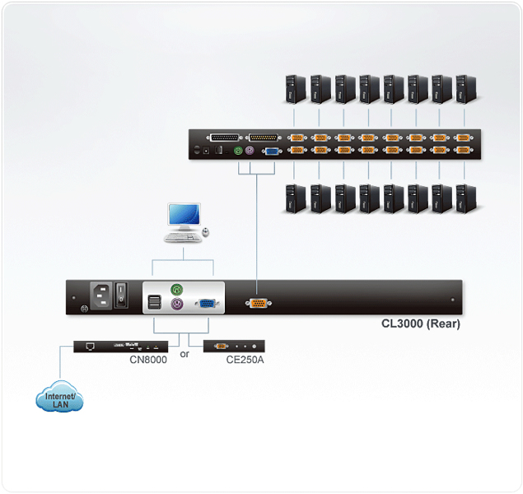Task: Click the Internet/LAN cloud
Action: (59, 397)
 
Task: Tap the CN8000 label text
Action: (148, 360)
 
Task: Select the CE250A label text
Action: (245, 360)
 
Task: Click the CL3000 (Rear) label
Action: (421, 324)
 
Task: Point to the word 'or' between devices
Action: (184, 354)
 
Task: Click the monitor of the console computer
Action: (184, 216)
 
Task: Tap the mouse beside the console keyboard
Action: (206, 232)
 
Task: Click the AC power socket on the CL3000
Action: (101, 296)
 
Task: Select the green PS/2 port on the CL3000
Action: (177, 289)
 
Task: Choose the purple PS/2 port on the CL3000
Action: (177, 304)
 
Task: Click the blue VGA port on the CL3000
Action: (207, 304)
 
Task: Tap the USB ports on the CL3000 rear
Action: (155, 302)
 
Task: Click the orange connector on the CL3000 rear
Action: (258, 303)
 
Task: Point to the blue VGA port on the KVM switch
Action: (272, 151)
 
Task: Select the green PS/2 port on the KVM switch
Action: (238, 151)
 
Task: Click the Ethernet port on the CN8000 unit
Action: (90, 347)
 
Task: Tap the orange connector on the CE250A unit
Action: (221, 347)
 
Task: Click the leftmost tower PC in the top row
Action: (296, 89)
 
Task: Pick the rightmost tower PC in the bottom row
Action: (467, 198)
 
